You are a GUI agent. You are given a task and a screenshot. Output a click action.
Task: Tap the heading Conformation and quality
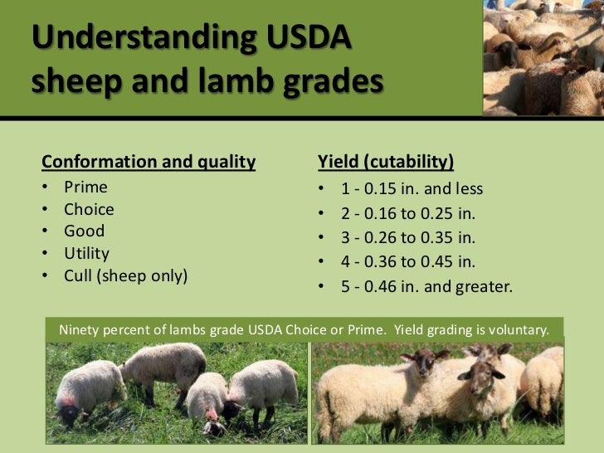point(149,161)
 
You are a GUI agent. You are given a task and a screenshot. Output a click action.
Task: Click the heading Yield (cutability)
point(386,161)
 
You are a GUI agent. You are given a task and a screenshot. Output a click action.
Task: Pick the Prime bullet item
point(85,188)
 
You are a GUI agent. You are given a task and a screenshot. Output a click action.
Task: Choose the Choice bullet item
point(89,209)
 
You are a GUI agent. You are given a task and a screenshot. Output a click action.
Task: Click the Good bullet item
point(84,231)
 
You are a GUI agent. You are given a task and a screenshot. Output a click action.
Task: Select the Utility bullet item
point(86,253)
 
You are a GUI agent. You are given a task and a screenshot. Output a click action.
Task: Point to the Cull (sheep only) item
point(126,275)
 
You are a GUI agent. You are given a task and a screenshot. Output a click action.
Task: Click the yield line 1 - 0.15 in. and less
point(412,188)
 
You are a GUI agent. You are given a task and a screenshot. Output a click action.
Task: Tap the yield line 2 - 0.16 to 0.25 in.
point(408,213)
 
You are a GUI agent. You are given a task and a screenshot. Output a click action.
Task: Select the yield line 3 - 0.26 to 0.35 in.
point(408,238)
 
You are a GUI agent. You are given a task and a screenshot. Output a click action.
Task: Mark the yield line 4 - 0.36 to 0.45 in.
point(408,262)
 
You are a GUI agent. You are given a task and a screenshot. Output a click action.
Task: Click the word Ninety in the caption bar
point(80,329)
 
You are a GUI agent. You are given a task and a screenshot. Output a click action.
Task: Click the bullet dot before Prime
point(46,188)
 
